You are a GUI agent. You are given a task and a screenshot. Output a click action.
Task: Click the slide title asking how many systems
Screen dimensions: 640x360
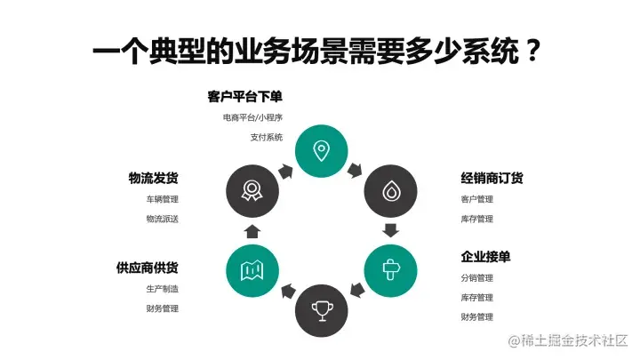318,51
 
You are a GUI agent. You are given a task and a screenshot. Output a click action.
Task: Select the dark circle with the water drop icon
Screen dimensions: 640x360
389,190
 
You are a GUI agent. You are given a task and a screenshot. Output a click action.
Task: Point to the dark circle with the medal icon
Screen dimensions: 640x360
252,190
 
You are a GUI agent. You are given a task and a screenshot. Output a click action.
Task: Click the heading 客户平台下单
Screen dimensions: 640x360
244,97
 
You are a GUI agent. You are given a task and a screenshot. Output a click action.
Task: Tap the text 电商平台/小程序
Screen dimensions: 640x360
252,117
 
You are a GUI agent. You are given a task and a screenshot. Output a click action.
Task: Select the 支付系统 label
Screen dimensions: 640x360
266,137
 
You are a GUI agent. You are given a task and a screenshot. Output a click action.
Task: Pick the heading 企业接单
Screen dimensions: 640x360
485,257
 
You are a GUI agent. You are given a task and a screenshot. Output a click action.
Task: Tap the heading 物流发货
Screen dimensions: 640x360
154,179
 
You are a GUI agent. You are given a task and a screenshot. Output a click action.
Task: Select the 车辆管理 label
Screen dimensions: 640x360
163,199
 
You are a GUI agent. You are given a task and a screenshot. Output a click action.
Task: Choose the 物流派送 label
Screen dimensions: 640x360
163,219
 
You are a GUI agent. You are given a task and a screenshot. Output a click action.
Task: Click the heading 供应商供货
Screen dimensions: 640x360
148,268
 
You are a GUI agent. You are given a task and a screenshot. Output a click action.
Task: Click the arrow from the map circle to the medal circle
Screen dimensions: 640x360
252,230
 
